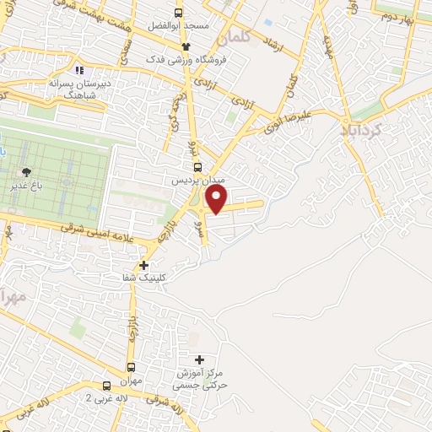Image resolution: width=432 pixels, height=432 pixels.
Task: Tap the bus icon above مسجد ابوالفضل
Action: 178,13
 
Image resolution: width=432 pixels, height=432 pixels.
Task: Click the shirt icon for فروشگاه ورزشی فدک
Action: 186,46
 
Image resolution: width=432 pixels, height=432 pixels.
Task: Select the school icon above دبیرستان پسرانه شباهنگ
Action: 79,71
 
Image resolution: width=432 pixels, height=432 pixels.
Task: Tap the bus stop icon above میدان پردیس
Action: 193,169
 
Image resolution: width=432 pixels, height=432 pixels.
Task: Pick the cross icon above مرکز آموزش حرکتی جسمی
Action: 199,360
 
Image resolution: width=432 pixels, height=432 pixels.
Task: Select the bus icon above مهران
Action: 131,367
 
